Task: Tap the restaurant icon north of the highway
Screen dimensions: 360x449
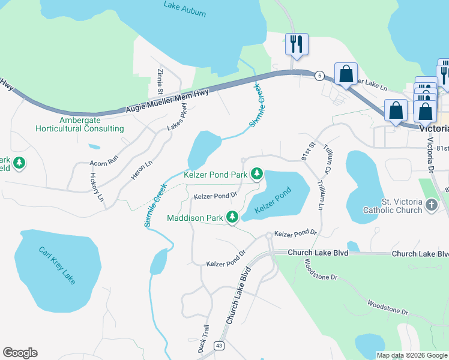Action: pyautogui.click(x=297, y=44)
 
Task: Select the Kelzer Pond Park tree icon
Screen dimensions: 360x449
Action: pyautogui.click(x=257, y=174)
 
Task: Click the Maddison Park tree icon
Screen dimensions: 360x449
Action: pyautogui.click(x=232, y=217)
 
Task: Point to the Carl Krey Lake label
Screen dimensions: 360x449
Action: pyautogui.click(x=58, y=265)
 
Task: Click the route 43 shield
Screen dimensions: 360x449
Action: pyautogui.click(x=219, y=346)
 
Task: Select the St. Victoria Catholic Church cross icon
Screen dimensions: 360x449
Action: pyautogui.click(x=431, y=206)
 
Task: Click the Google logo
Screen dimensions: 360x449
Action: pyautogui.click(x=20, y=353)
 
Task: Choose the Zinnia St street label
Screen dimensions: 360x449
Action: pyautogui.click(x=160, y=81)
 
